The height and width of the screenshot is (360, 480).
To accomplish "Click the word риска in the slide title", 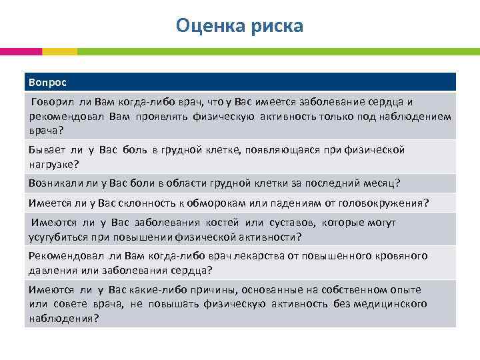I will click(x=275, y=25).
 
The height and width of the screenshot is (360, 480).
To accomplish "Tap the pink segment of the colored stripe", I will click(x=21, y=51).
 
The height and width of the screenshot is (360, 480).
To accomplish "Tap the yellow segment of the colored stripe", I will click(x=59, y=51).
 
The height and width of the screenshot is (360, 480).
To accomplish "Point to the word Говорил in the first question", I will click(x=51, y=101).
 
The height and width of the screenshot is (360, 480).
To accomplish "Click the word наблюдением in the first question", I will click(x=417, y=116).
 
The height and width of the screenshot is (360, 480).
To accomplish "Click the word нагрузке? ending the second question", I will click(x=53, y=163).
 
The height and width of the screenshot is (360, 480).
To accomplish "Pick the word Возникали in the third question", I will click(x=53, y=183).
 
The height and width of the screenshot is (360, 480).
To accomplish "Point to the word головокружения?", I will click(x=386, y=203).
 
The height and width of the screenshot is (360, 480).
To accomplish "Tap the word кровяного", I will click(x=404, y=256).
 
